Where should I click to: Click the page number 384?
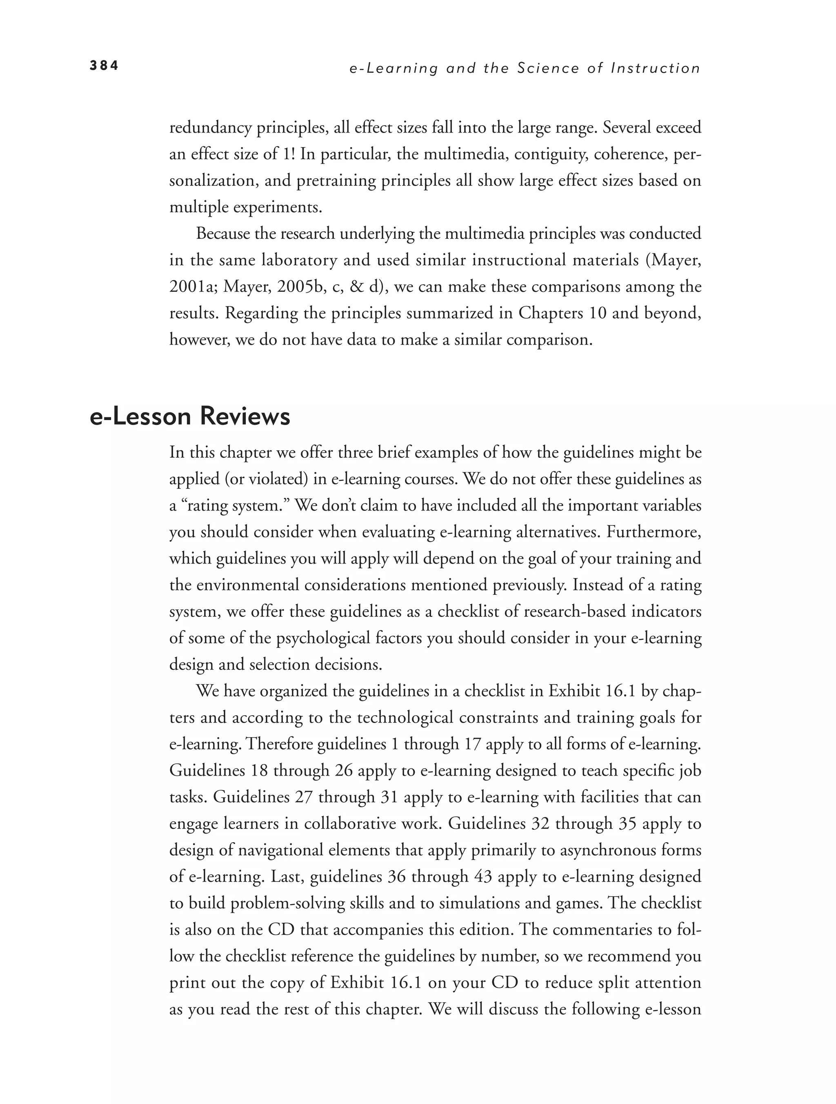point(104,66)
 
